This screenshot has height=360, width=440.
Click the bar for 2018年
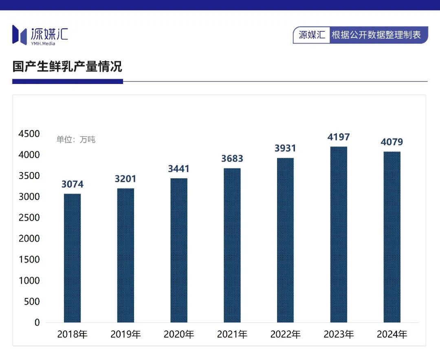click(72, 258)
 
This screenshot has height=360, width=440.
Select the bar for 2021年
click(232, 245)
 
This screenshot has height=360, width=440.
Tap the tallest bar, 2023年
click(339, 234)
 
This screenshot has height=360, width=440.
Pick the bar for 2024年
click(392, 237)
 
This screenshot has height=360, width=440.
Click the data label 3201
click(125, 179)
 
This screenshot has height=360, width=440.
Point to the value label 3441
click(179, 169)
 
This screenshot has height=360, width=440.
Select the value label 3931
click(285, 148)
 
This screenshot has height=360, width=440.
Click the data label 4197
click(339, 137)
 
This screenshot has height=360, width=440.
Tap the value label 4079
click(392, 142)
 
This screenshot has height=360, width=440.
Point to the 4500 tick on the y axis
click(29, 134)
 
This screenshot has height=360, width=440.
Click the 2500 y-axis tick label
click(29, 218)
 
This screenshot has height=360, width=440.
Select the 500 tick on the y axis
click(32, 302)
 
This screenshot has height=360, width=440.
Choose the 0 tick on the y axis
click(37, 322)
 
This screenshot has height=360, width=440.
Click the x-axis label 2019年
click(125, 335)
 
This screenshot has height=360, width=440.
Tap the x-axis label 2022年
click(285, 335)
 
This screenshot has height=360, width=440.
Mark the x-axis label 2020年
click(179, 335)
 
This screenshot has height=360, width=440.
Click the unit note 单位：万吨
click(76, 139)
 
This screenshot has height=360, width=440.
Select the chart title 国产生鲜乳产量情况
click(67, 66)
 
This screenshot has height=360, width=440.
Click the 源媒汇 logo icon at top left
click(19, 35)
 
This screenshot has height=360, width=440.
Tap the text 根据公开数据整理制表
click(376, 35)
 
